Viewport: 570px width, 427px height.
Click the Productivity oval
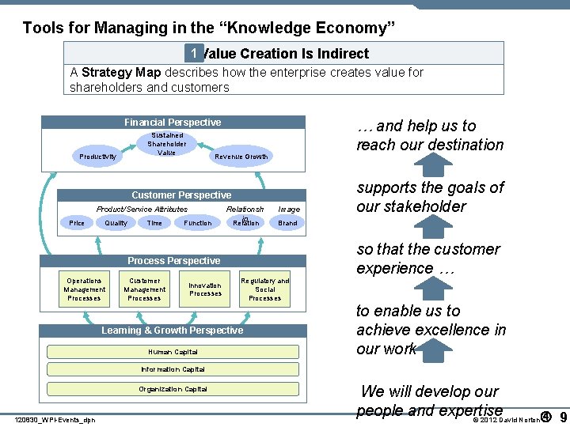[97, 157]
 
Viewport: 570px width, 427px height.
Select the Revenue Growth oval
[241, 157]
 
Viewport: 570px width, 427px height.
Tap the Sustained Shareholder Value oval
[167, 144]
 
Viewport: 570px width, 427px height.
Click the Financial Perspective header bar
[173, 123]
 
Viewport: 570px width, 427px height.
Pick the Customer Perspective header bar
[181, 195]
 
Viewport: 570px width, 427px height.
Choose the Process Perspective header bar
[173, 261]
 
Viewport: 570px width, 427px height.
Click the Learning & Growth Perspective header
[173, 331]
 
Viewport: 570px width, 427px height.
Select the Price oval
[77, 223]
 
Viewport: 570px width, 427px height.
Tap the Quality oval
[116, 223]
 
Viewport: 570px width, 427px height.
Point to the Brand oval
[287, 223]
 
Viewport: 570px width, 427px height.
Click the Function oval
[197, 223]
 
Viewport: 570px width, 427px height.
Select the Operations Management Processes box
[84, 289]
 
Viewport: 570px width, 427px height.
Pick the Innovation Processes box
[205, 289]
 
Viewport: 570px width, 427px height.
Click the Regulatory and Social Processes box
[264, 289]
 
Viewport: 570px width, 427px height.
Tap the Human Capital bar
[173, 352]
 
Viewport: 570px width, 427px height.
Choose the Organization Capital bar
[173, 389]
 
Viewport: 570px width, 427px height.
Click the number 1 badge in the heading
[193, 53]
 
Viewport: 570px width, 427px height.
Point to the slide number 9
[562, 417]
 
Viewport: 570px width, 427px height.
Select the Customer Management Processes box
[144, 289]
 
